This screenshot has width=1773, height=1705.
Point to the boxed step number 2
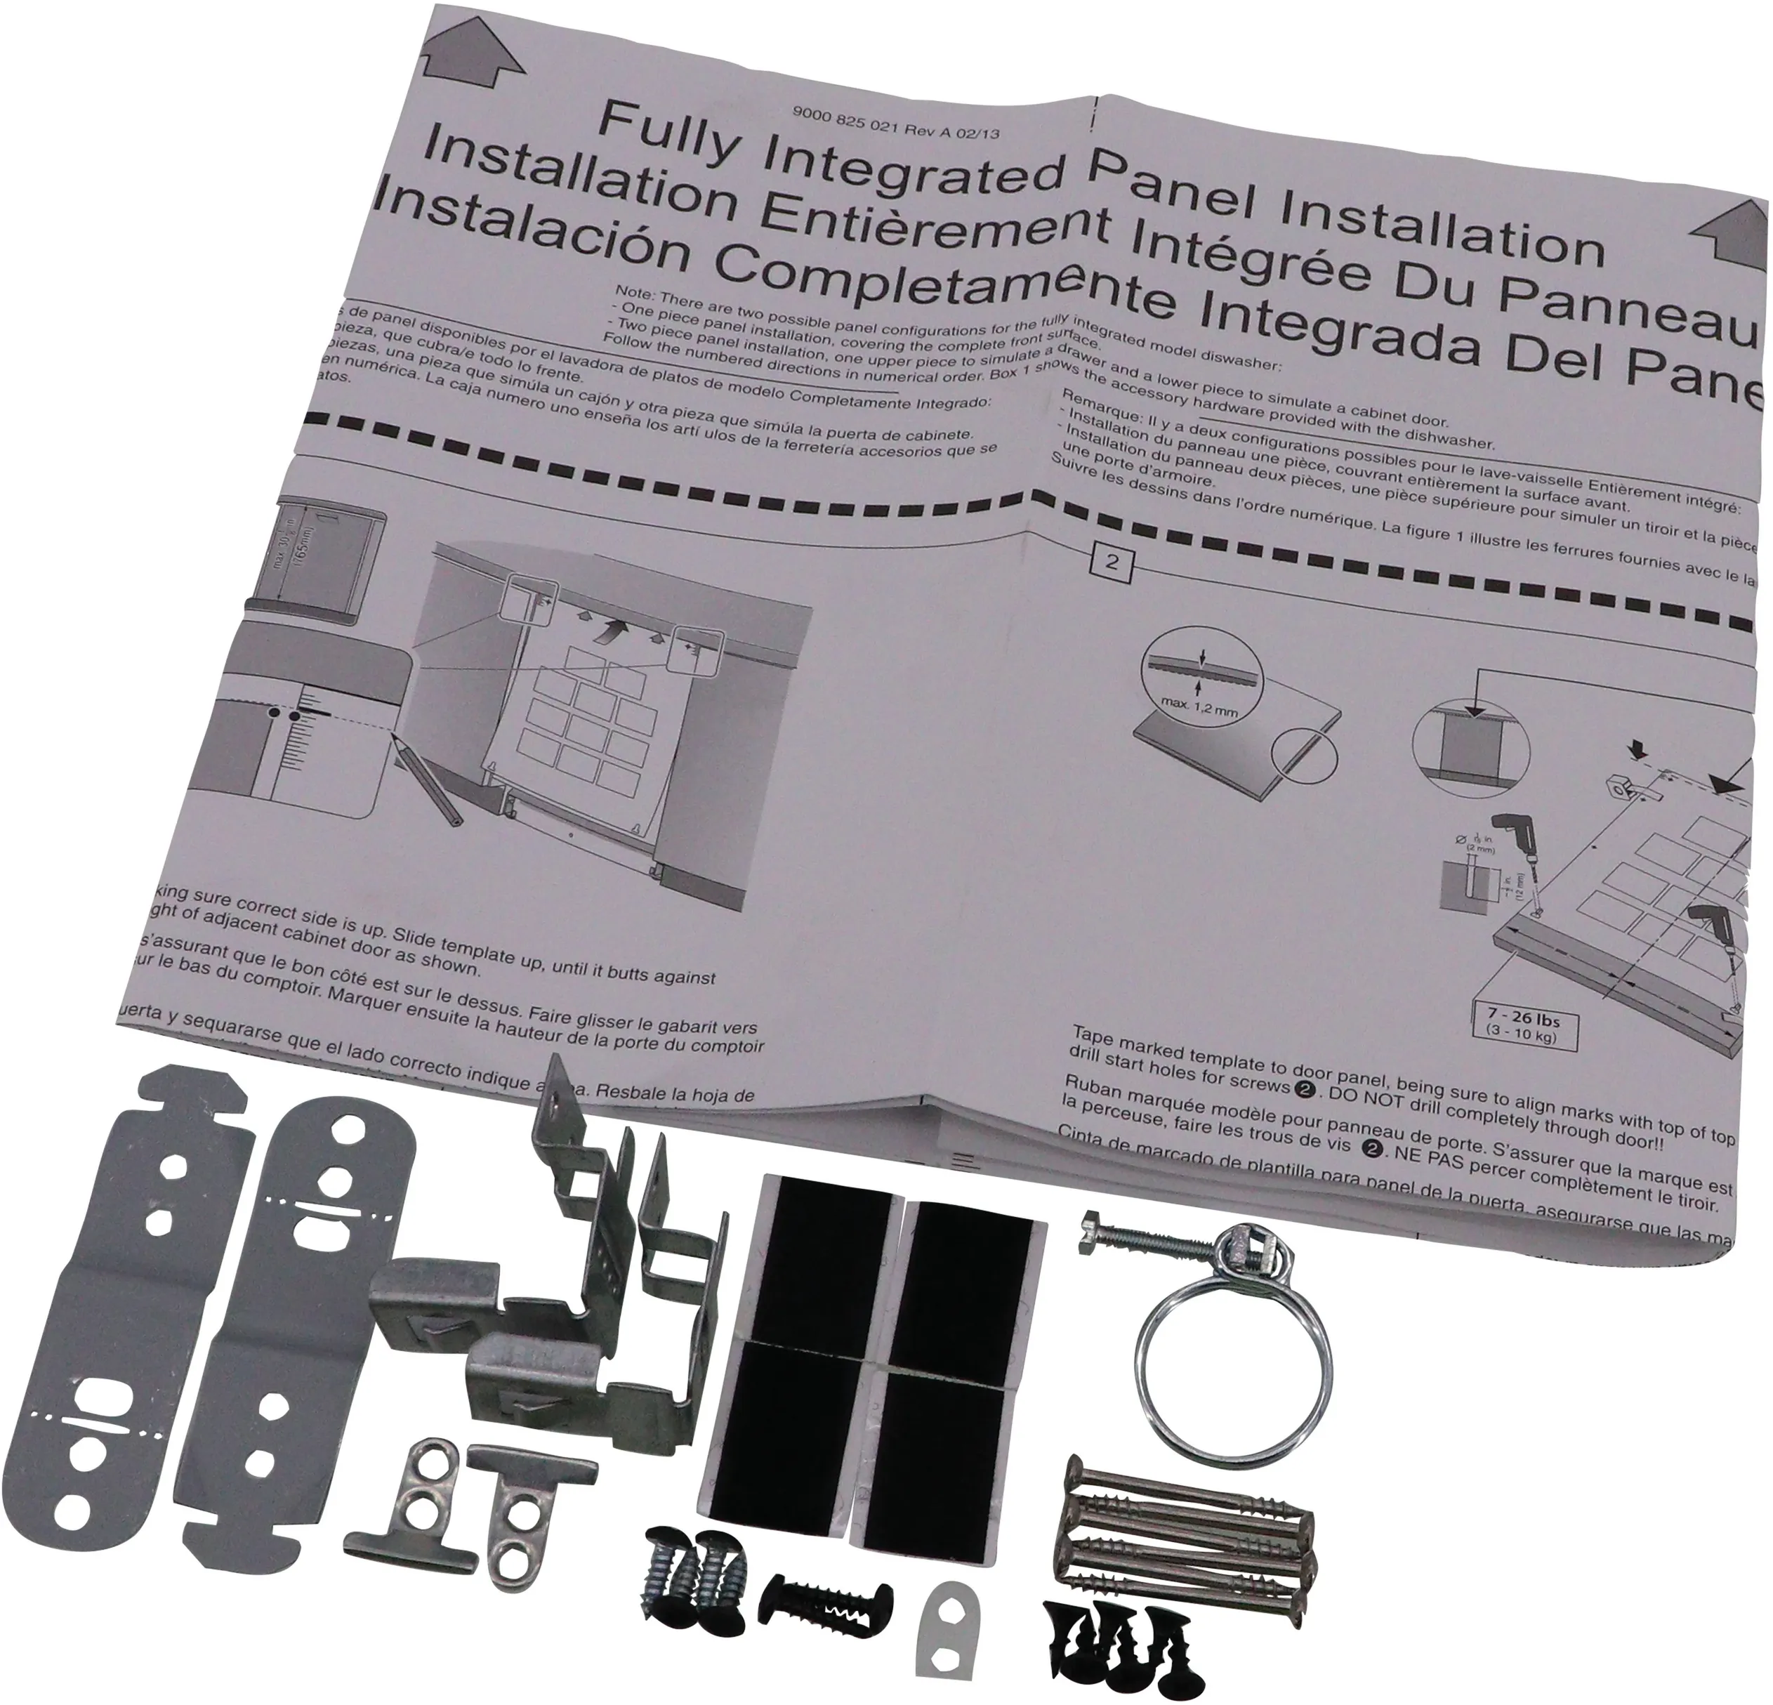(x=1113, y=562)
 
